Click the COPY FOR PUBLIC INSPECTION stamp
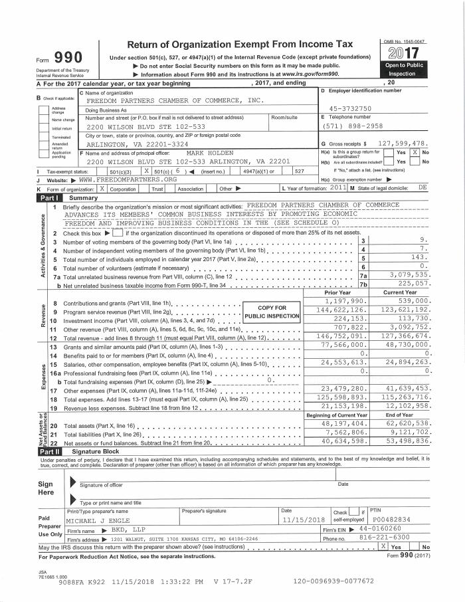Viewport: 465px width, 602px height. [x=272, y=312]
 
